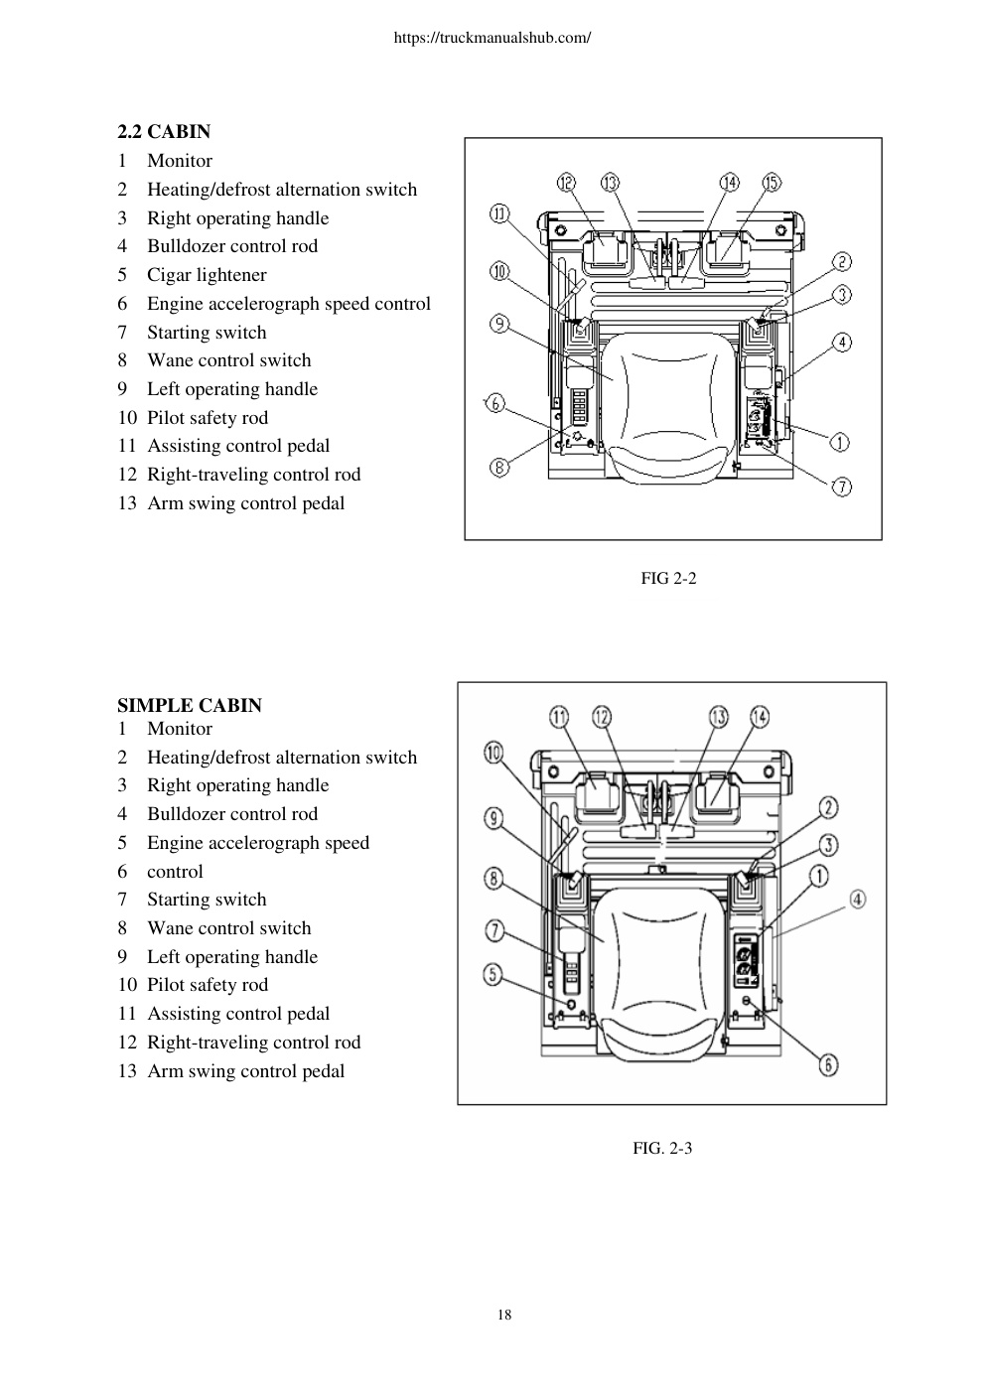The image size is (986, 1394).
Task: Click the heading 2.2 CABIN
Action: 164,131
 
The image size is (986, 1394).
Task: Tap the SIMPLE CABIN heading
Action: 190,705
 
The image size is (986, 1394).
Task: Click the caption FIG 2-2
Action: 668,578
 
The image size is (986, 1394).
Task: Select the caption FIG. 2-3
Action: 662,1148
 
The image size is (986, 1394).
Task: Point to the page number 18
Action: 504,1315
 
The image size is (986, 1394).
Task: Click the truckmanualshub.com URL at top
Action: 493,38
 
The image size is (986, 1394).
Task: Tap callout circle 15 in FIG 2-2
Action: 772,183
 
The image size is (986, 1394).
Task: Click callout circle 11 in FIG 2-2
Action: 499,214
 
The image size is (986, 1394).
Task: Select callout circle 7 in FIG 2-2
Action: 842,487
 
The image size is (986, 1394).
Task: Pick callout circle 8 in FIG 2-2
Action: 499,467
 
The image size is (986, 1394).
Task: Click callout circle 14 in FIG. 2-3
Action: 760,716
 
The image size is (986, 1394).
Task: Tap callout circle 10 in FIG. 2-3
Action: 493,753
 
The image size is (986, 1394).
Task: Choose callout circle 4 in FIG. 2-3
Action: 857,900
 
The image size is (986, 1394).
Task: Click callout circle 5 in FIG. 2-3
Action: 493,974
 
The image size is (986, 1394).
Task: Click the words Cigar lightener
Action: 207,275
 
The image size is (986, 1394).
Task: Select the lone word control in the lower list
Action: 175,872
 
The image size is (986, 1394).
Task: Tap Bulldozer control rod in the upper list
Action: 232,246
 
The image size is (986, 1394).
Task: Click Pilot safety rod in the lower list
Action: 208,985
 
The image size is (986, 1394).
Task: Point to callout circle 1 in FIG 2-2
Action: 840,443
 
